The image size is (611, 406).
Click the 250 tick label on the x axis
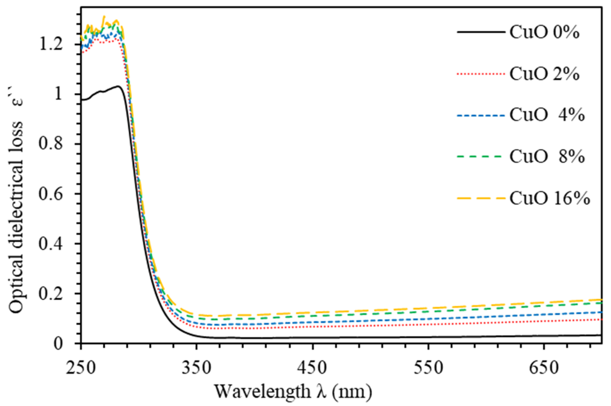point(80,368)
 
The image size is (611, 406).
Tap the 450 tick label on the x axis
point(313,368)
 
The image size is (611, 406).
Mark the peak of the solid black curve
point(118,86)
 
